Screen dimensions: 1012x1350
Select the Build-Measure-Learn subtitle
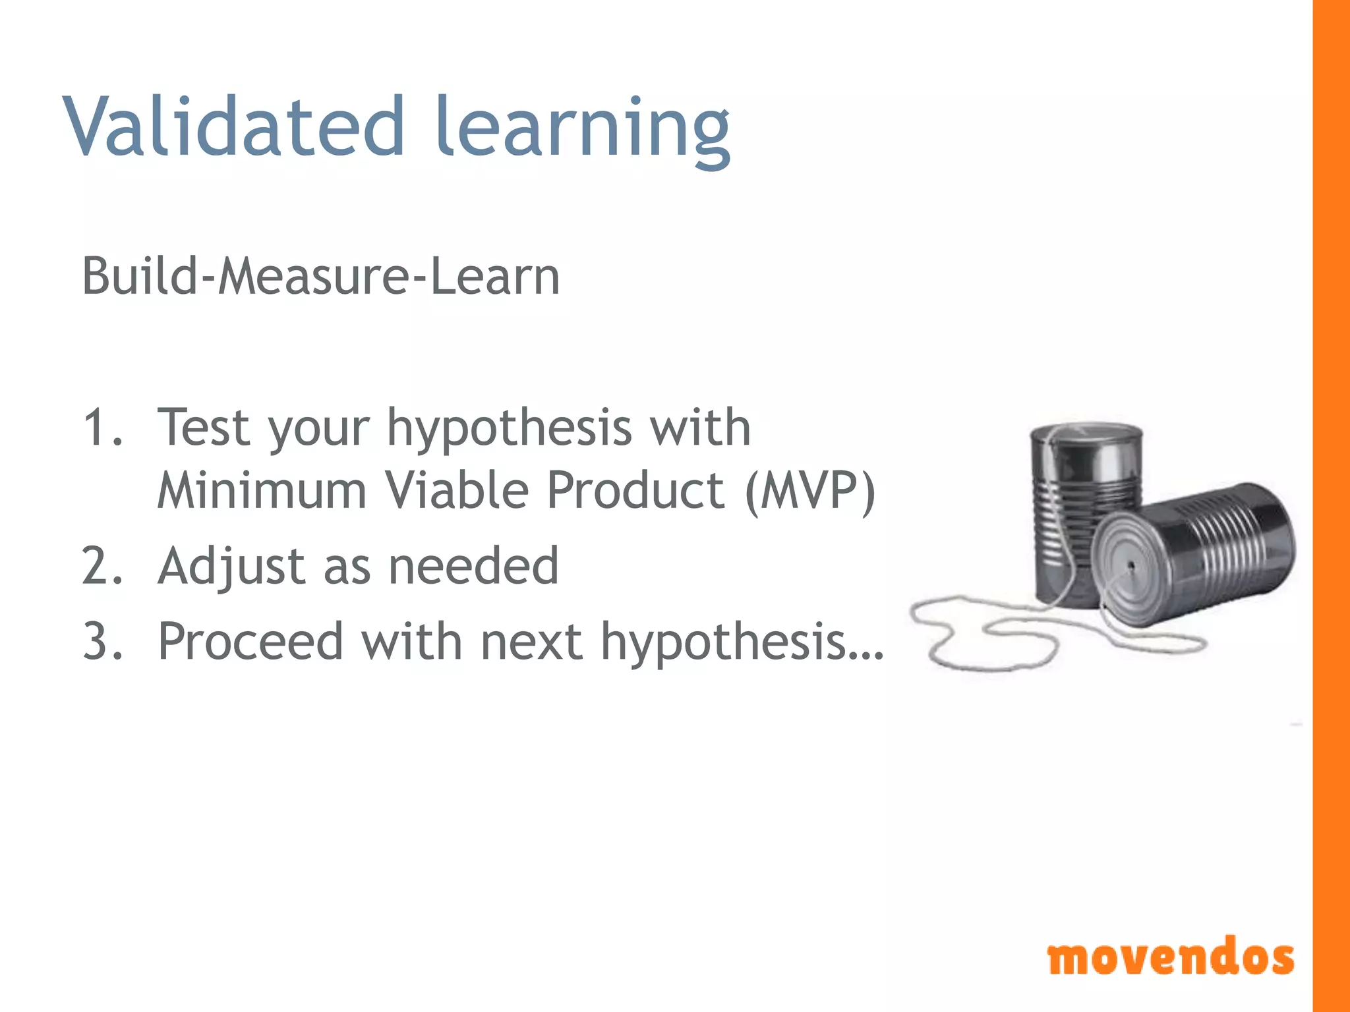320,276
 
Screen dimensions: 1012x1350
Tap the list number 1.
102,428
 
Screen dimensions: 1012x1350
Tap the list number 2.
102,566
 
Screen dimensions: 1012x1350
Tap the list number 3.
102,641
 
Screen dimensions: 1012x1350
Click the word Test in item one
204,428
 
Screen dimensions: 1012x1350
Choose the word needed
473,566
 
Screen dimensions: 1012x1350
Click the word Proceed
250,641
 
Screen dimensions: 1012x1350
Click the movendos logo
1170,957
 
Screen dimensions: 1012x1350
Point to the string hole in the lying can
1131,565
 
